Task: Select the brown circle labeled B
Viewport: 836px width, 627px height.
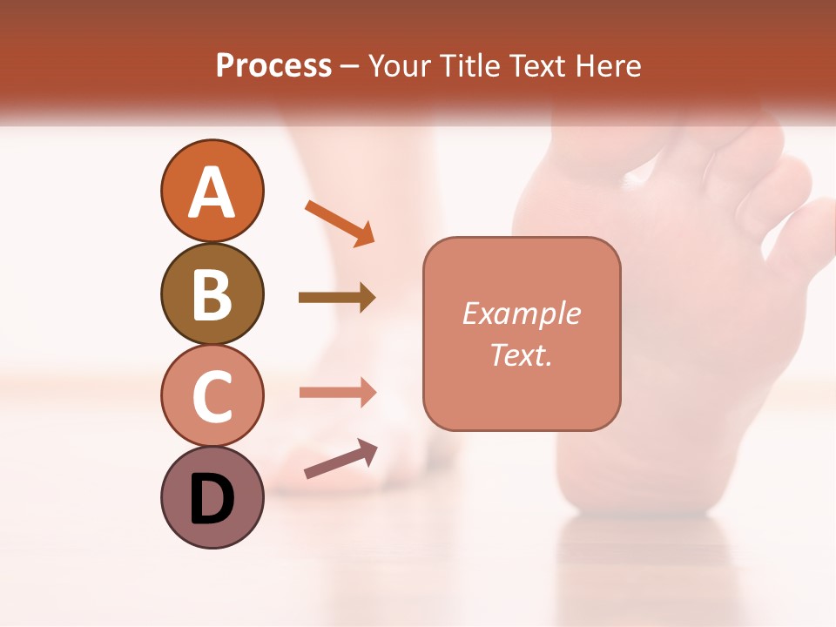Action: pos(212,293)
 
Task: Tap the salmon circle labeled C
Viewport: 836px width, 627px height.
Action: pos(212,395)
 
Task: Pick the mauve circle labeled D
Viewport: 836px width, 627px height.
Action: pos(212,497)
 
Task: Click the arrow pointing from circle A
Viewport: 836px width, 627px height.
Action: pos(340,223)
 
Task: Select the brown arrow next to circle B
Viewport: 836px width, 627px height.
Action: pos(337,298)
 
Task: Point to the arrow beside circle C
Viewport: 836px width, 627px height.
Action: pos(337,393)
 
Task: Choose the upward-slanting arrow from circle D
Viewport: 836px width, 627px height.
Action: pos(340,458)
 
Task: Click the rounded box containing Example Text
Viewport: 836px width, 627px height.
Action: pos(522,334)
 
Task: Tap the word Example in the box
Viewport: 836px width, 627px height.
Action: pos(522,313)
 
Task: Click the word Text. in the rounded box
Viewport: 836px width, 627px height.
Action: pos(522,355)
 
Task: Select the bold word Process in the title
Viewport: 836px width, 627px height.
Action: pos(273,65)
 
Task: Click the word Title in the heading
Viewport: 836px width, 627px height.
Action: pos(469,65)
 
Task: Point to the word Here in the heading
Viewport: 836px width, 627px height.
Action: pos(610,65)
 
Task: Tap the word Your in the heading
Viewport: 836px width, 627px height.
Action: pos(401,65)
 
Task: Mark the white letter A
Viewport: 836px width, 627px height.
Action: pos(212,192)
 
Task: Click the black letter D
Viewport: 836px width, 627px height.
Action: pos(212,500)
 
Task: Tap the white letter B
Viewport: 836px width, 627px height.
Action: pos(212,295)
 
